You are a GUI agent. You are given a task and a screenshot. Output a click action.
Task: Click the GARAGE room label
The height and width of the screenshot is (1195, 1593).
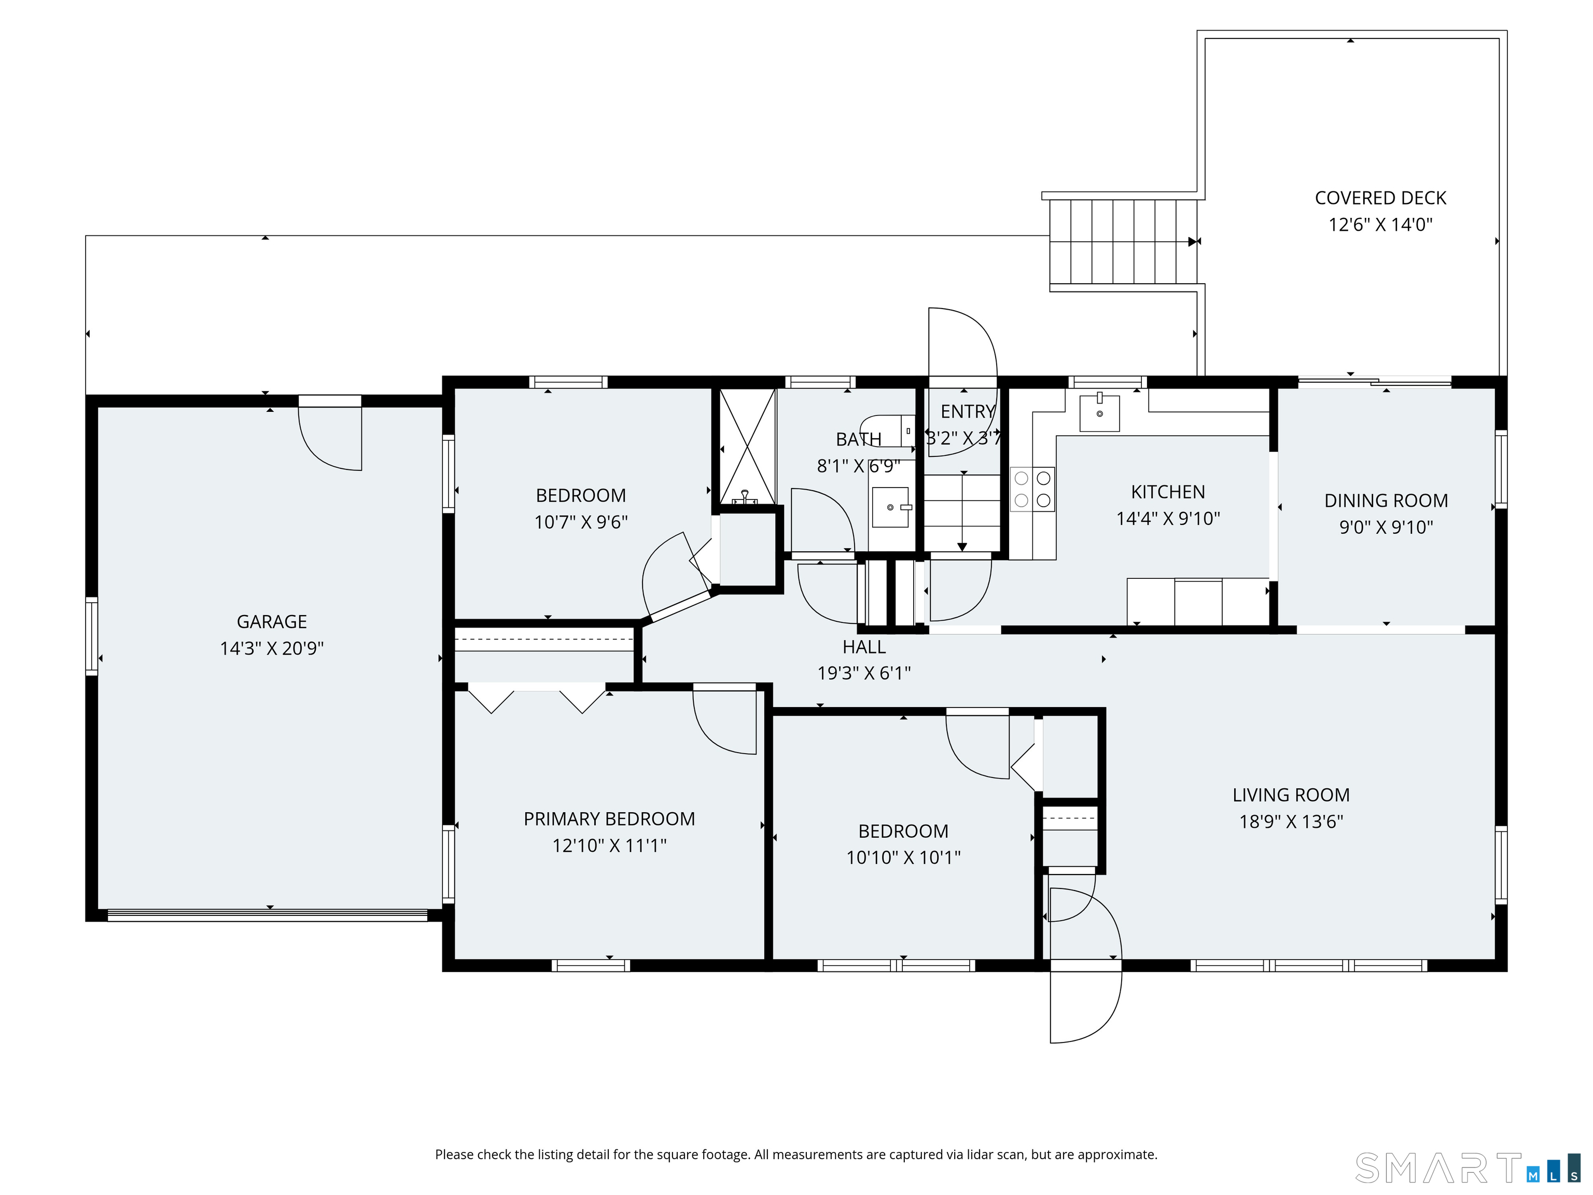(x=272, y=622)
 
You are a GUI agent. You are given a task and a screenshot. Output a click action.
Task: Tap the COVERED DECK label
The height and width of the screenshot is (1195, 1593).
(x=1380, y=198)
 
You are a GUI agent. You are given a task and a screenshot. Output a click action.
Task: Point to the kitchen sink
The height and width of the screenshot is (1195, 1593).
(x=1100, y=413)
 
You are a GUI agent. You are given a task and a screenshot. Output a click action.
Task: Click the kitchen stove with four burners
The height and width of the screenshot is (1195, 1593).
(x=1033, y=489)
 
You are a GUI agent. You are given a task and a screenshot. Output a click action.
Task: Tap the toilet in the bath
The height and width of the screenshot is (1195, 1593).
(x=887, y=430)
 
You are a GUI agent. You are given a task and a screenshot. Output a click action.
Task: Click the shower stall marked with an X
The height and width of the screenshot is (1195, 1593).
(x=748, y=447)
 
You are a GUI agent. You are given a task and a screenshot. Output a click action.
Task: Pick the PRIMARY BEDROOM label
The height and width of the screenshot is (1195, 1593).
(x=609, y=819)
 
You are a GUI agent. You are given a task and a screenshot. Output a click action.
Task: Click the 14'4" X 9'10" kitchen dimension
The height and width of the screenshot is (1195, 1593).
(x=1168, y=519)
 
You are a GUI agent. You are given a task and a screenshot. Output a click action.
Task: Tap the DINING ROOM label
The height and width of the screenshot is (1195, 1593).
(x=1386, y=501)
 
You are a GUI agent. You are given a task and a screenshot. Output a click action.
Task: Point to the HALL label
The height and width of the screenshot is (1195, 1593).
(x=864, y=647)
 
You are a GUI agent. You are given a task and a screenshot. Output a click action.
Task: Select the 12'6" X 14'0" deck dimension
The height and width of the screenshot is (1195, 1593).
(x=1380, y=225)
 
